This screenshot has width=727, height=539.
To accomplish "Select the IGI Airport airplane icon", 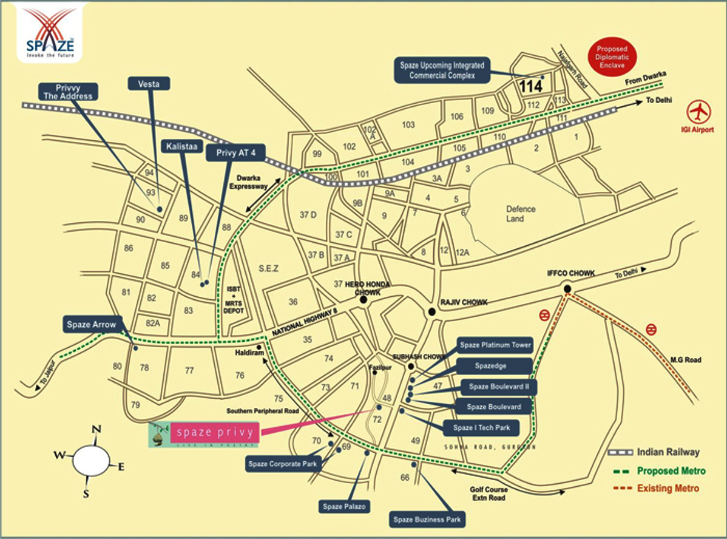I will point(700,112).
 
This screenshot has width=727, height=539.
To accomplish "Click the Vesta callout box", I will point(149,84).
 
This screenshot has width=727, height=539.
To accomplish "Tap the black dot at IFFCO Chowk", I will point(567,289).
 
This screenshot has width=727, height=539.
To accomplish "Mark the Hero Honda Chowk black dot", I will point(363,299).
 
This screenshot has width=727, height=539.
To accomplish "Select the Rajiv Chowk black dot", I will point(431,312).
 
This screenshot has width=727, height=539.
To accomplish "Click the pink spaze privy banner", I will point(215,433).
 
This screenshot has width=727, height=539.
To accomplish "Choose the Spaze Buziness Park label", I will point(427,520).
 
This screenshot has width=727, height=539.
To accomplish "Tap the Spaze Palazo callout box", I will point(344,506).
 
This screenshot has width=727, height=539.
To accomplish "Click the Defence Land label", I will point(521,214).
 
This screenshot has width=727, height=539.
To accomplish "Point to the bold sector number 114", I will point(531,86).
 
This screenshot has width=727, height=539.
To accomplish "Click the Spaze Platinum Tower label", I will point(495,345).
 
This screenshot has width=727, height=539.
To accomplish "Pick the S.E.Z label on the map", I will point(268,268).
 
